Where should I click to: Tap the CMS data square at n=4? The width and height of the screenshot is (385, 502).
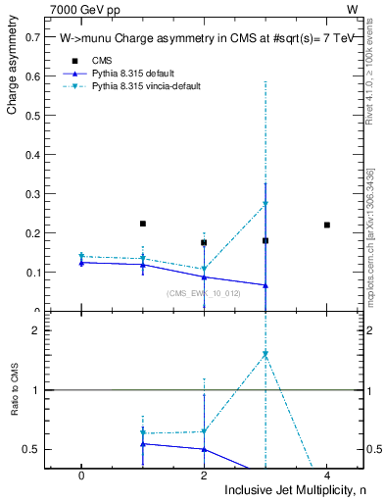[327, 225]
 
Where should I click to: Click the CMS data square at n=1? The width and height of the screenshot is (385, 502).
[143, 224]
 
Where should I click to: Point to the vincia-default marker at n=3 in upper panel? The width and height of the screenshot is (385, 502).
[265, 204]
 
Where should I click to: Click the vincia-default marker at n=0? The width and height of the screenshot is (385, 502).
[81, 257]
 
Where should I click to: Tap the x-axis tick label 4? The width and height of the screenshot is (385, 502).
[327, 476]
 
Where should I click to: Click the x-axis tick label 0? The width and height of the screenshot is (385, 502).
[81, 476]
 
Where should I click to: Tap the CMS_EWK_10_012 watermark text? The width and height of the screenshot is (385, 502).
[204, 293]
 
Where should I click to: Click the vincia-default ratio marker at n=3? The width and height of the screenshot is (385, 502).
[265, 354]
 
